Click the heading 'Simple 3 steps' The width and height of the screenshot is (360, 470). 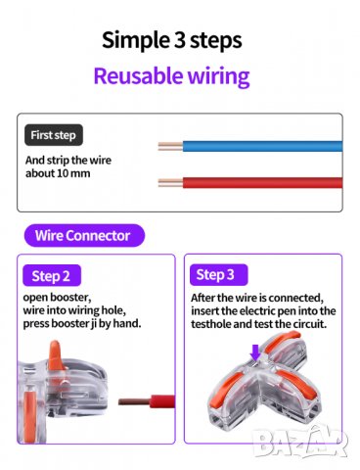pyautogui.click(x=172, y=40)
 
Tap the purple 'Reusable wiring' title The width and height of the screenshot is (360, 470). pyautogui.click(x=171, y=75)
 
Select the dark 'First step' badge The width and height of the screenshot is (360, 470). pyautogui.click(x=54, y=135)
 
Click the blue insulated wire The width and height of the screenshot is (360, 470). pyautogui.click(x=262, y=146)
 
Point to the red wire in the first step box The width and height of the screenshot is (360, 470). pyautogui.click(x=262, y=182)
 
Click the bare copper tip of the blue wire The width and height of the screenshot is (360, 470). pyautogui.click(x=170, y=147)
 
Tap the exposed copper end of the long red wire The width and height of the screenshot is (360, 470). pyautogui.click(x=170, y=183)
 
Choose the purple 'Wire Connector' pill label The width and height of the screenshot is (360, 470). pyautogui.click(x=84, y=235)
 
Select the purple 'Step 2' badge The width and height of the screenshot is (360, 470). pyautogui.click(x=52, y=276)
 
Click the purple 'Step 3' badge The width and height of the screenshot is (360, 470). pyautogui.click(x=218, y=275)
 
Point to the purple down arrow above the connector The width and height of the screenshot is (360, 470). pyautogui.click(x=255, y=352)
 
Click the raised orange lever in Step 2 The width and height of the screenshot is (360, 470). pyautogui.click(x=56, y=354)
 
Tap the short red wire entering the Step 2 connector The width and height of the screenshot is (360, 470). pyautogui.click(x=147, y=401)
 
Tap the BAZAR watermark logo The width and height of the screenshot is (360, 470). pyautogui.click(x=300, y=442)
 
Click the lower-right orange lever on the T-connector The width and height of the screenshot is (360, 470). pyautogui.click(x=296, y=385)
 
